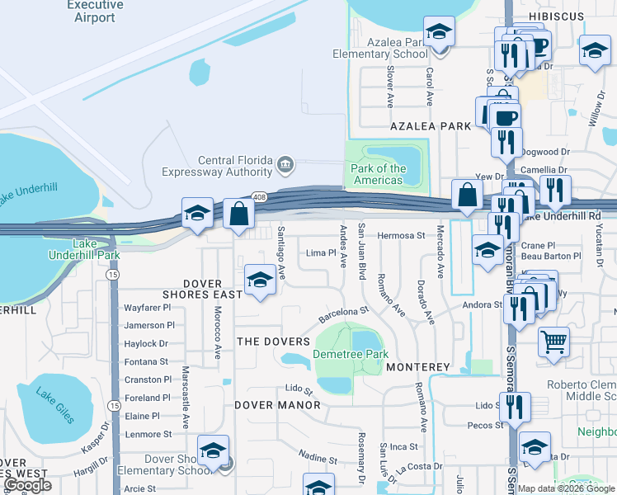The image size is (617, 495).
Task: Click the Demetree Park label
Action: pyautogui.click(x=351, y=355)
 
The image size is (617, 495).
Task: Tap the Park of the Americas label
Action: pyautogui.click(x=379, y=174)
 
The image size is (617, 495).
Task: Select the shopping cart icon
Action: pyautogui.click(x=553, y=342)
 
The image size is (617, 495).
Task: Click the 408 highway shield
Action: pyautogui.click(x=260, y=197)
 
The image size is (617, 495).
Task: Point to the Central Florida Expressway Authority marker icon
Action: pyautogui.click(x=285, y=163)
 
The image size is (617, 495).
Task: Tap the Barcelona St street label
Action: pyautogui.click(x=342, y=314)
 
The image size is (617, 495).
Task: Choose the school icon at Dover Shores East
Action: pyautogui.click(x=260, y=279)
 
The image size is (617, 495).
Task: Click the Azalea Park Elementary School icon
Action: pyautogui.click(x=440, y=33)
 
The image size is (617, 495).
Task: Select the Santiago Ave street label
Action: pyautogui.click(x=281, y=252)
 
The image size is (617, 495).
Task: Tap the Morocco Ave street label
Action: pyautogui.click(x=218, y=333)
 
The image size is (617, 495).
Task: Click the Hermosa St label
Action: pyautogui.click(x=401, y=235)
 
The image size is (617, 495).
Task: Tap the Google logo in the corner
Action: pyautogui.click(x=28, y=485)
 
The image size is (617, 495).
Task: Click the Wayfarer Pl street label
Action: pyautogui.click(x=148, y=307)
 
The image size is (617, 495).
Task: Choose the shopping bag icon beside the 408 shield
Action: pyautogui.click(x=238, y=213)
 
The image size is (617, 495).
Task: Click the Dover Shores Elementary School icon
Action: pyautogui.click(x=213, y=451)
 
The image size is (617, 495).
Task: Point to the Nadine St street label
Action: pyautogui.click(x=313, y=458)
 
